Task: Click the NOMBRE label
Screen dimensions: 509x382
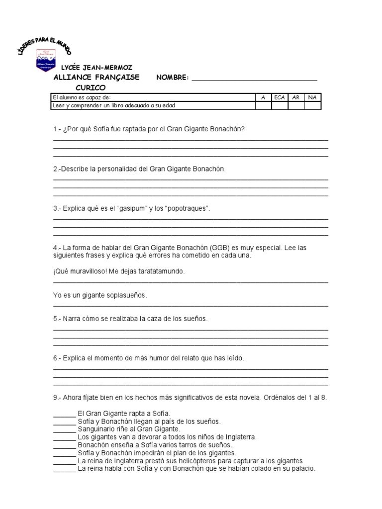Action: coord(172,78)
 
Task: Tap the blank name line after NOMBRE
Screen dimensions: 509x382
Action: coord(254,79)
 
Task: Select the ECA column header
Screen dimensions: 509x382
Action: coord(279,97)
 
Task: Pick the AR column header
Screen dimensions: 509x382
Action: coord(296,97)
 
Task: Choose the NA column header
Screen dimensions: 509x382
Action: coord(312,97)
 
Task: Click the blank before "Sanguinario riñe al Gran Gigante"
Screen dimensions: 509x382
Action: coord(64,429)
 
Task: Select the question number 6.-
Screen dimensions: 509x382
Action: coord(57,358)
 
